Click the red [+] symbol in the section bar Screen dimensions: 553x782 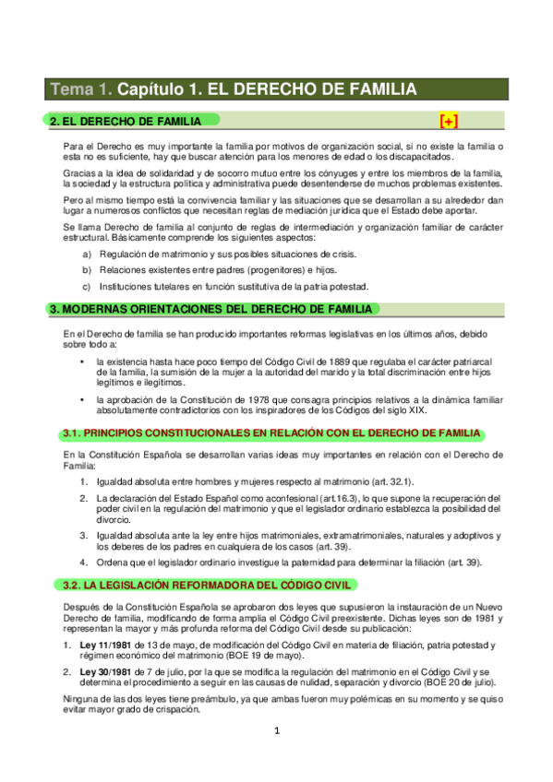(x=449, y=121)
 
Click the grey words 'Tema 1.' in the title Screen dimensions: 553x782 (x=81, y=89)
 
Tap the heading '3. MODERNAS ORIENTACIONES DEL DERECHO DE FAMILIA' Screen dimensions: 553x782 (x=210, y=310)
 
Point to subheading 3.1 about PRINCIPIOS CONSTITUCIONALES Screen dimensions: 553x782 (x=271, y=433)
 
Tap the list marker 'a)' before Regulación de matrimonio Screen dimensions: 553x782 (x=88, y=254)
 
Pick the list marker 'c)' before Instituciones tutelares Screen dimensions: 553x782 (x=88, y=287)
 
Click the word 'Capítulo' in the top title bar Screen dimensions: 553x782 (x=150, y=89)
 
